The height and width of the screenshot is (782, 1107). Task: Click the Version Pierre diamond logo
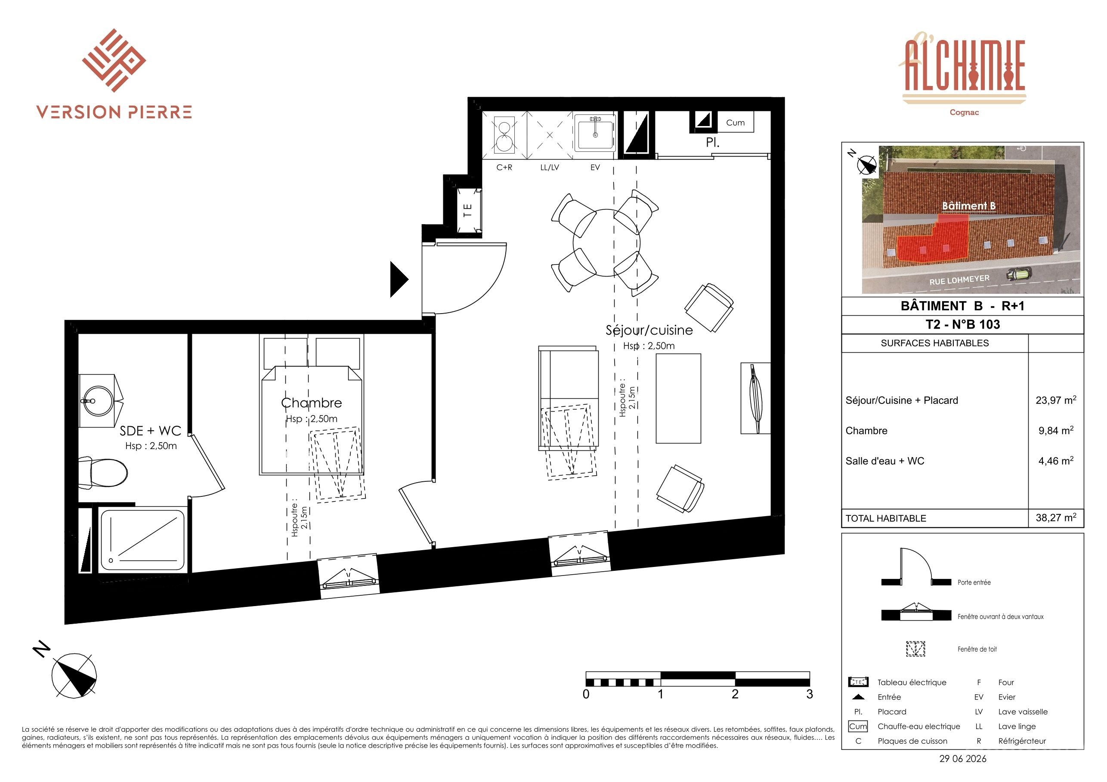pos(114,60)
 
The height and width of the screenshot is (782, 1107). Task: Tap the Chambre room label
pos(312,403)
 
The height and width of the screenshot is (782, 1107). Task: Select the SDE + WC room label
pos(151,431)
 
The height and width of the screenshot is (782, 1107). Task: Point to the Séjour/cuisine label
pos(649,330)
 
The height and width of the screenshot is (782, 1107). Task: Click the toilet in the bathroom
pos(103,472)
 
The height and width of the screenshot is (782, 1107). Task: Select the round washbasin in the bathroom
pos(99,400)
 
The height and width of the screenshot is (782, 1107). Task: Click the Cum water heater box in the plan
pos(735,123)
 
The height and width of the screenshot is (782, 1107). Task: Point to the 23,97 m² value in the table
pos(1056,400)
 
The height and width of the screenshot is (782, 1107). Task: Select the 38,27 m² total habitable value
pos(1056,518)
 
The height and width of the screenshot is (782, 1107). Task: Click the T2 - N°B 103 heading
pos(962,324)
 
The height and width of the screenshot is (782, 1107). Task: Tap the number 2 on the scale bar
pos(735,694)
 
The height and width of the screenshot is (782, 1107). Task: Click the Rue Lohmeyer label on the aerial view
pos(959,280)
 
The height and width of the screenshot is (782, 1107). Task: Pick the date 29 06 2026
pos(963,758)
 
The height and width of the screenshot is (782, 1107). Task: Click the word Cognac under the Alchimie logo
pos(964,112)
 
